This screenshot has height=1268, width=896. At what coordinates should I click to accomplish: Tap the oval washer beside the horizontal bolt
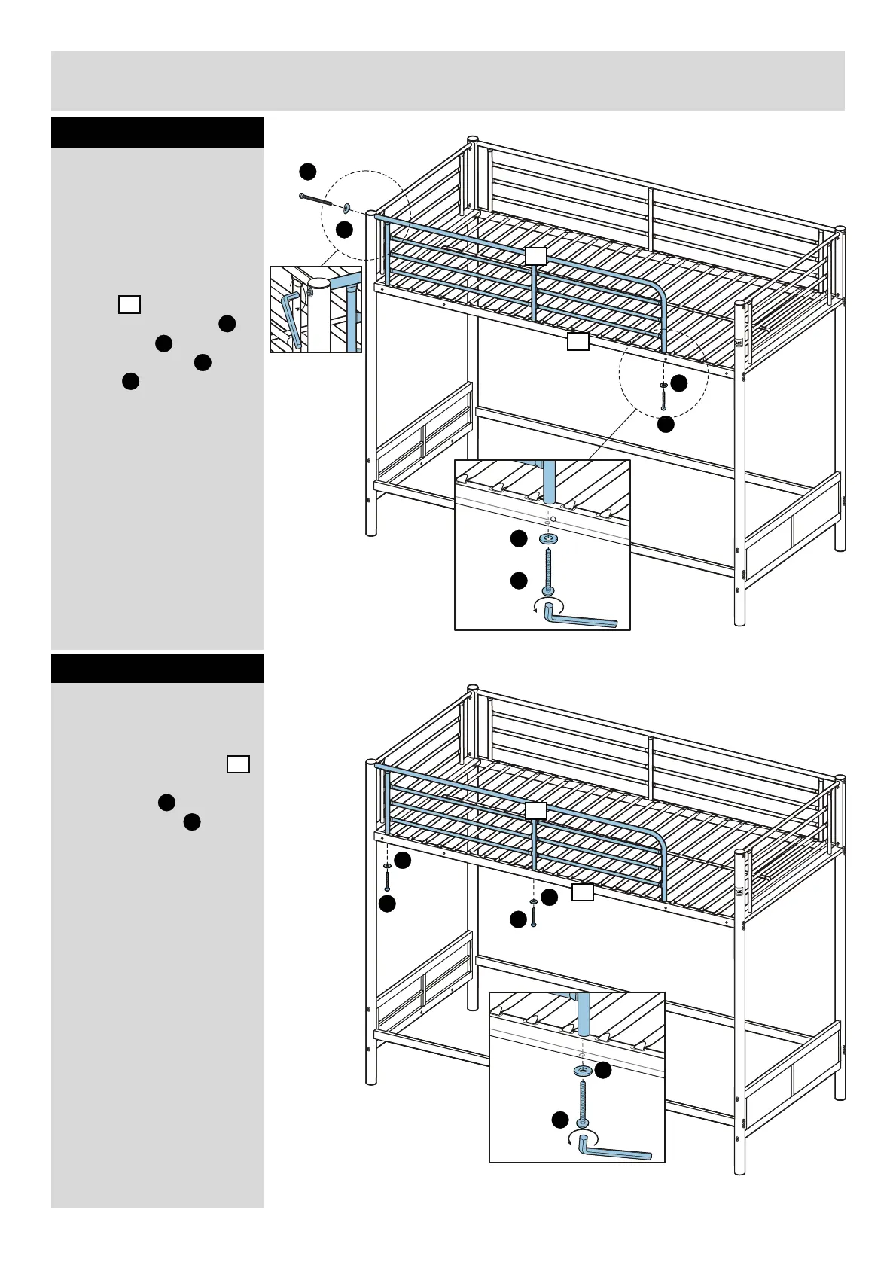pos(346,207)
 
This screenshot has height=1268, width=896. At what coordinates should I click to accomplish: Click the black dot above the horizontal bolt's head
pos(307,172)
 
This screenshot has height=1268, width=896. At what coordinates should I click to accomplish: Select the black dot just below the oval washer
pos(344,230)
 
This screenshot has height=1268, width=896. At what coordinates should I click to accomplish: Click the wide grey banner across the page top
pos(447,81)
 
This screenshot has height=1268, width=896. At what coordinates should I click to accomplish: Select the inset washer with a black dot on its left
pos(549,538)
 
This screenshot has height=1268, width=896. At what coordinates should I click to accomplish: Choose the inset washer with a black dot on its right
pos(582,1070)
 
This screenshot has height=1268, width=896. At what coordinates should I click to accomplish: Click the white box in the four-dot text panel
pos(130,304)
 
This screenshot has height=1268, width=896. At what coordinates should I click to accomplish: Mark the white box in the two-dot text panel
pos(238,764)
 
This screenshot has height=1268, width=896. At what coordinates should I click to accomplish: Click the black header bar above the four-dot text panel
pos(157,133)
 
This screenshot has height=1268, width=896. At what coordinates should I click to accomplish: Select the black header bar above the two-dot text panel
pos(157,668)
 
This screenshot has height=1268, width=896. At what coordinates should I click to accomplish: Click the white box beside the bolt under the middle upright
pos(583,893)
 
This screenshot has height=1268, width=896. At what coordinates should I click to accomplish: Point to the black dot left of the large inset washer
pos(518,538)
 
